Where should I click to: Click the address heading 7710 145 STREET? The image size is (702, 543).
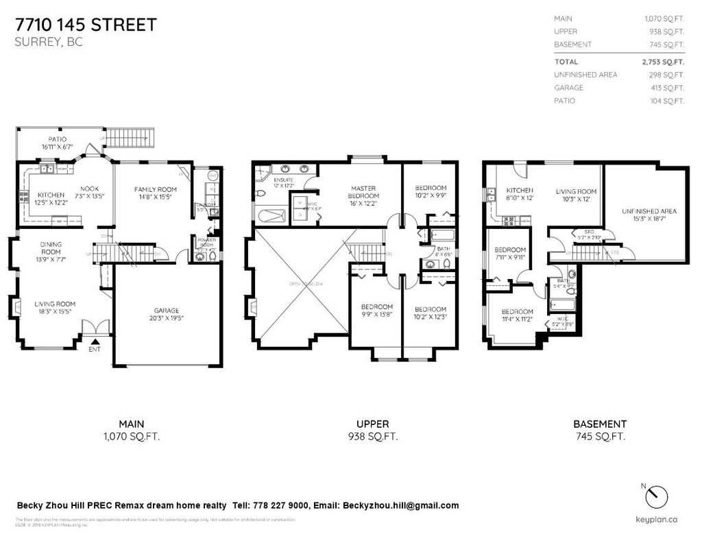(x=86, y=25)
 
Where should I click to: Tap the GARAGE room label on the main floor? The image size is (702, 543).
(x=167, y=313)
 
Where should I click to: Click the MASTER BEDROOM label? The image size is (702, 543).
(x=364, y=192)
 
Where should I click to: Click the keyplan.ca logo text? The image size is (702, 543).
(x=656, y=519)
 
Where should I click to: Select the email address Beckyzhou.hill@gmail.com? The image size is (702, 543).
(x=400, y=505)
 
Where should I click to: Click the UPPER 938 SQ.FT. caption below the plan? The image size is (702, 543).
(x=376, y=430)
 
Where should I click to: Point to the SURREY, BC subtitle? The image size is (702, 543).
(x=43, y=41)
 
